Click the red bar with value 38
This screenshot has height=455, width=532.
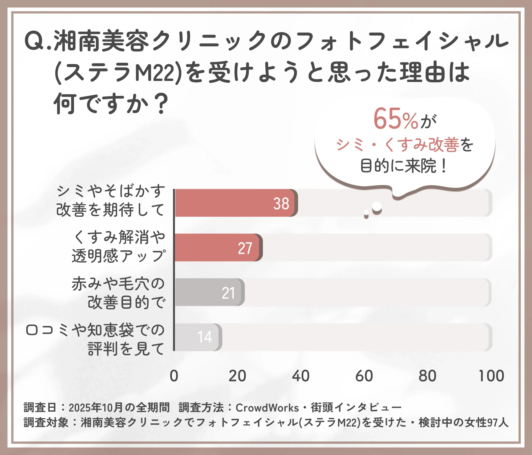tap(235, 203)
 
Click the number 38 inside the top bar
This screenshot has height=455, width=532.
tap(281, 204)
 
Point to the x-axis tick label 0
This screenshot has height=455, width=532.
tap(174, 376)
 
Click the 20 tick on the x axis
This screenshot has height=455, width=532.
tap(237, 376)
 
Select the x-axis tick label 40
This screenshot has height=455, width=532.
tap(301, 376)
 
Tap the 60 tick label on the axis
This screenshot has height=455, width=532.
tap(364, 376)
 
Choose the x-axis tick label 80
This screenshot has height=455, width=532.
tap(427, 376)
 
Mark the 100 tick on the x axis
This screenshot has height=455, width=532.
tap(491, 376)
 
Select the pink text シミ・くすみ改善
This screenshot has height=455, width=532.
tap(398, 145)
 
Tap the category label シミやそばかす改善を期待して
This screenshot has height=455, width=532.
tap(110, 200)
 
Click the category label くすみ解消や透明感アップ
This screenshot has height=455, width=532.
tap(119, 247)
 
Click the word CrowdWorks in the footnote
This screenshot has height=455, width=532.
tap(267, 407)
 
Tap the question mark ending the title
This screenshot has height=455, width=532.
tap(161, 103)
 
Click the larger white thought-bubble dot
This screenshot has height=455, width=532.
tap(377, 206)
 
